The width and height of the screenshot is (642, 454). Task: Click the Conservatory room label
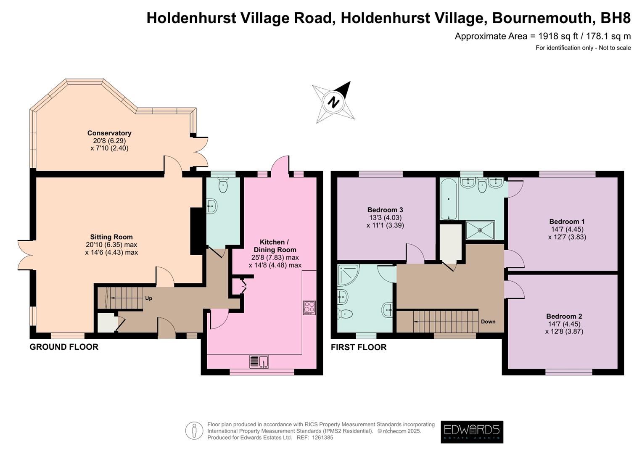pos(109,133)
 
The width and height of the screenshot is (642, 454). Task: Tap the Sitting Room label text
pos(111,237)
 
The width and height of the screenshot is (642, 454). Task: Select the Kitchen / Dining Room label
pos(275,246)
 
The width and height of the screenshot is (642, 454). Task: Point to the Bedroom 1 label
pos(567,222)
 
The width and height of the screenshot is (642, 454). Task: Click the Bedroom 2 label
pos(564,317)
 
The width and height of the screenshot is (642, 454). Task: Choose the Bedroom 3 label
pos(385,210)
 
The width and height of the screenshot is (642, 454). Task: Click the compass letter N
pos(334,102)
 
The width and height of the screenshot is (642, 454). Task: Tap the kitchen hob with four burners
pos(309,308)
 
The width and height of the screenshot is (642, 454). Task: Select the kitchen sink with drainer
pos(259,362)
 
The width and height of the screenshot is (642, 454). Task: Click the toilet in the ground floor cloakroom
pos(223,185)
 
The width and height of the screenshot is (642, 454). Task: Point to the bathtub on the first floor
pos(449,199)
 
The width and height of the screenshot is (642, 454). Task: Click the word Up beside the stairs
pos(148,298)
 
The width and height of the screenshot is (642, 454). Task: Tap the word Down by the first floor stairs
pos(488,322)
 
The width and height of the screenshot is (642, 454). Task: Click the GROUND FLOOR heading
pos(64,347)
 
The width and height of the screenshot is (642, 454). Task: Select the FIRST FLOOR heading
pos(359,347)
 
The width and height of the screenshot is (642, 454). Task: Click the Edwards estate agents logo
pos(472,432)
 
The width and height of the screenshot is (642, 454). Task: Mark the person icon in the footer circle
pos(194,430)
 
